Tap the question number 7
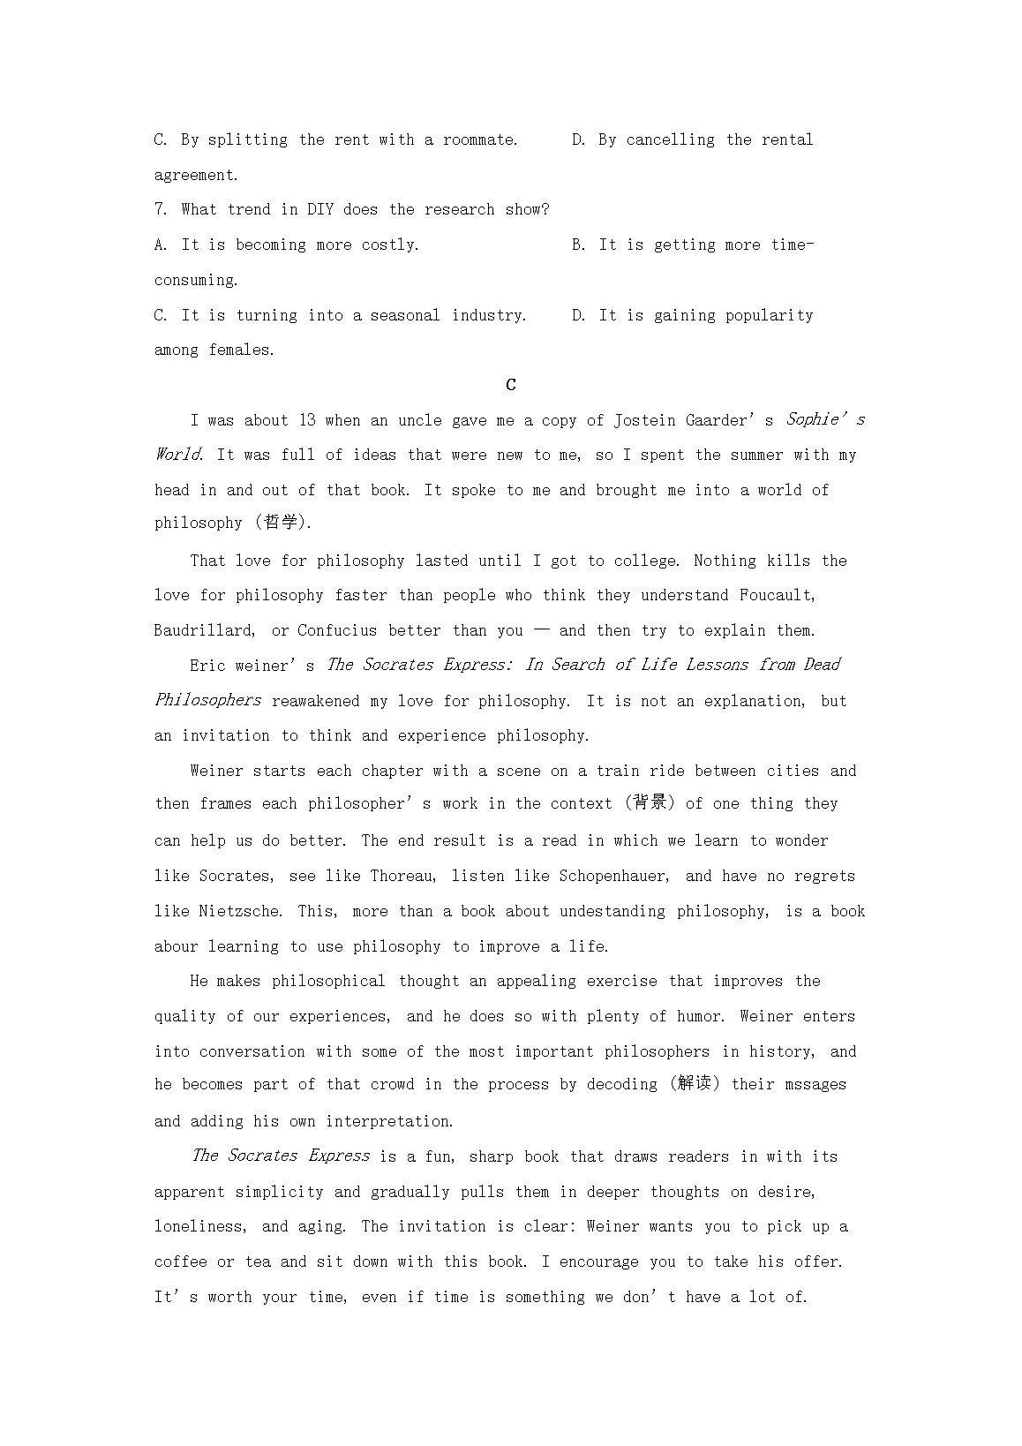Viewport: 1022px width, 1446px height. [159, 209]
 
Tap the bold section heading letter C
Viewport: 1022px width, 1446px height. [511, 385]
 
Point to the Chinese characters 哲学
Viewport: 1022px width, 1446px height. [281, 523]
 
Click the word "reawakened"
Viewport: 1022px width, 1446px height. [316, 701]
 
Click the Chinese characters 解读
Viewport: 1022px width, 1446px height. [695, 1084]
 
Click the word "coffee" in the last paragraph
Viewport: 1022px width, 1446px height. [181, 1261]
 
